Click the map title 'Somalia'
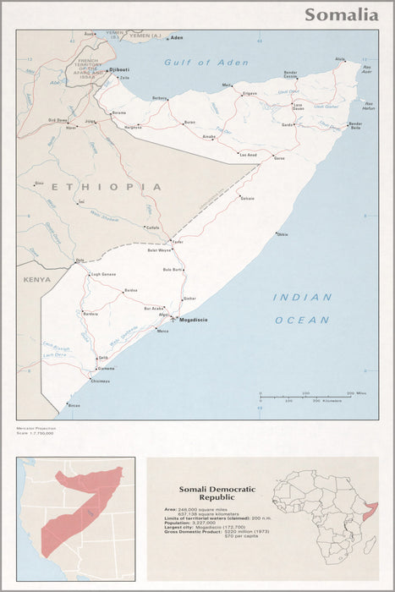point(341,14)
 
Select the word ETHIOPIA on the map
point(106,186)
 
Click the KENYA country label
point(36,279)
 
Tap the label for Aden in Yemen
point(177,39)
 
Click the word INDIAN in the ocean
point(302,297)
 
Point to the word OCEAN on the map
point(302,320)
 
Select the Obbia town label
point(282,234)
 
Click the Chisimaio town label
point(100,381)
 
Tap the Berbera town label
point(159,98)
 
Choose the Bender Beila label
point(354,127)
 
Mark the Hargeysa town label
point(134,127)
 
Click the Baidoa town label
point(130,290)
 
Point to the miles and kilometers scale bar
point(306,396)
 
